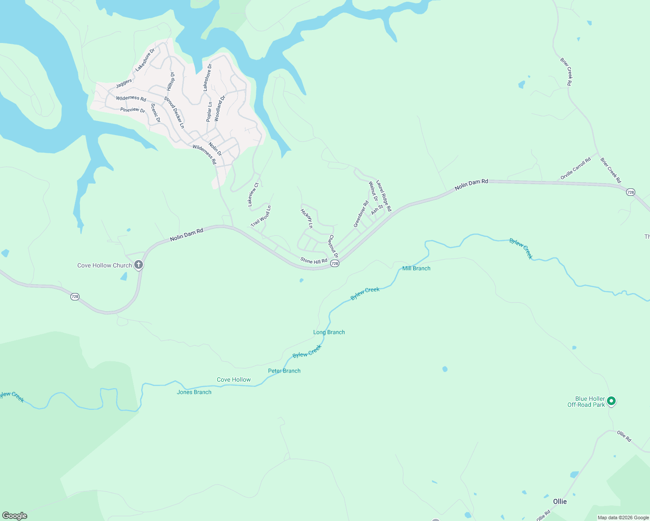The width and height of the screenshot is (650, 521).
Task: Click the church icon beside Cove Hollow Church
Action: click(x=139, y=264)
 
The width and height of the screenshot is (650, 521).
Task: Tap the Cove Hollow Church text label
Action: click(x=104, y=265)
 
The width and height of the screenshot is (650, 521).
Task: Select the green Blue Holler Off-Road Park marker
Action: click(x=611, y=401)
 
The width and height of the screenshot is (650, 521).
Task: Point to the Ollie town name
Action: click(x=560, y=501)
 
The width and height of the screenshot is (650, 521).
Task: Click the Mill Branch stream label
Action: click(x=416, y=268)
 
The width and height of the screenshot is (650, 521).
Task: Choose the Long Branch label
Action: click(x=329, y=332)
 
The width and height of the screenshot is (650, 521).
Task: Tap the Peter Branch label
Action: click(x=284, y=371)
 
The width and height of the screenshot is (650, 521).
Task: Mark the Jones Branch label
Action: click(x=194, y=392)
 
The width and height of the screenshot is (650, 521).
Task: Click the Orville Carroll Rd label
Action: click(x=576, y=168)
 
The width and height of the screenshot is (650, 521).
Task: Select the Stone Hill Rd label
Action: click(x=314, y=261)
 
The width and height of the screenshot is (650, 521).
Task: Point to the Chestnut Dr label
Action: click(x=333, y=247)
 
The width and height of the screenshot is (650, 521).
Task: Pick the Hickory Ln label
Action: click(x=307, y=218)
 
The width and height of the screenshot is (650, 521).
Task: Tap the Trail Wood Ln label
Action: click(x=261, y=216)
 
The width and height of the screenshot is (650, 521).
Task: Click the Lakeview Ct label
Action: click(x=253, y=195)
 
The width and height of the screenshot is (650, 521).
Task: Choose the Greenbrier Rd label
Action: click(x=361, y=214)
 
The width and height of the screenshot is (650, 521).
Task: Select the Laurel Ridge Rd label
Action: click(x=384, y=196)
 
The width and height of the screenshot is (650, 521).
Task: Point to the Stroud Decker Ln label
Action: click(x=174, y=112)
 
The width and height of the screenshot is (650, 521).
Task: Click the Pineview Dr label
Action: click(x=133, y=110)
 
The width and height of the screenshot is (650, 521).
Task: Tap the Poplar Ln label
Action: click(x=209, y=112)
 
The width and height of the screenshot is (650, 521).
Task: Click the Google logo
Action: click(x=15, y=516)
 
